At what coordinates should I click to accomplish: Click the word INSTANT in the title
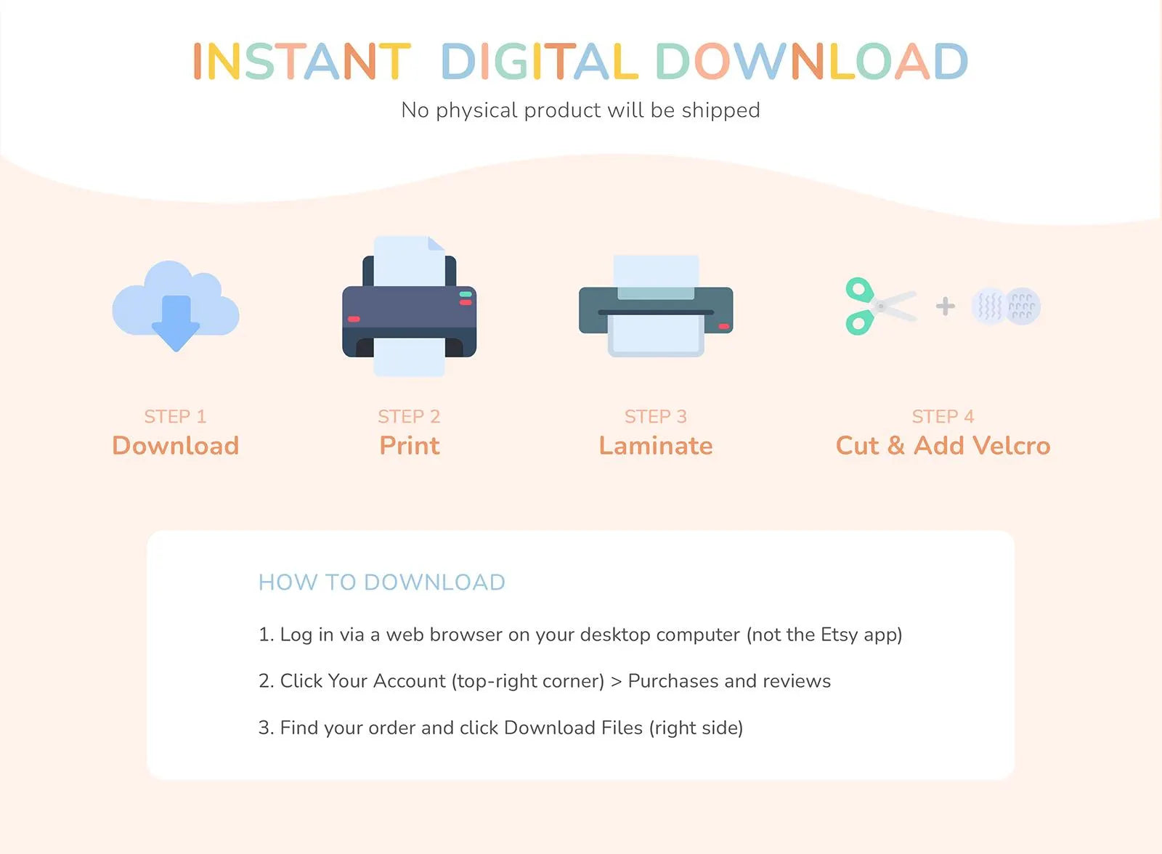pos(302,61)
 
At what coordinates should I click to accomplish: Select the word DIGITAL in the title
pos(540,61)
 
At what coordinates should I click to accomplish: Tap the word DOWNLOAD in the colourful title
pos(812,61)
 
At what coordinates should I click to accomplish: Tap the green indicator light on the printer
pos(466,294)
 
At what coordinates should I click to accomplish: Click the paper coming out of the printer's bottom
pos(410,357)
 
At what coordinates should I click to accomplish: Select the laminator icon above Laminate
pos(657,306)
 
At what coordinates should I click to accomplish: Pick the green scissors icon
pos(879,306)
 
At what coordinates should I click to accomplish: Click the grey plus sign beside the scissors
pos(945,306)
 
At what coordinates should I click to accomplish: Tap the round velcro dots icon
pos(1006,306)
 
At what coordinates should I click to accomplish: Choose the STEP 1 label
pos(175,417)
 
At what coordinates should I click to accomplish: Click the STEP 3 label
pos(656,417)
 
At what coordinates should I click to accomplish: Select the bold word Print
pos(410,446)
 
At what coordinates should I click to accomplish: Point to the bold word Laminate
pos(656,446)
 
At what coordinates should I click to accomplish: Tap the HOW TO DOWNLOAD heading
pos(382,582)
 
